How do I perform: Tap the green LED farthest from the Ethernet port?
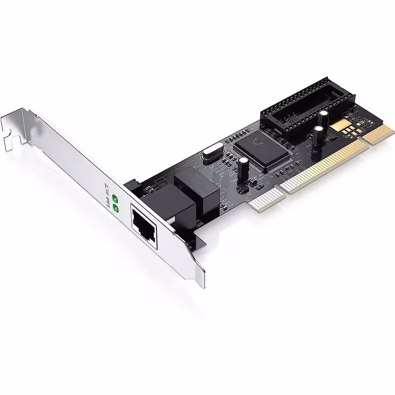[116, 198]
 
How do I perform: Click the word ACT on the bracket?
[105, 188]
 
